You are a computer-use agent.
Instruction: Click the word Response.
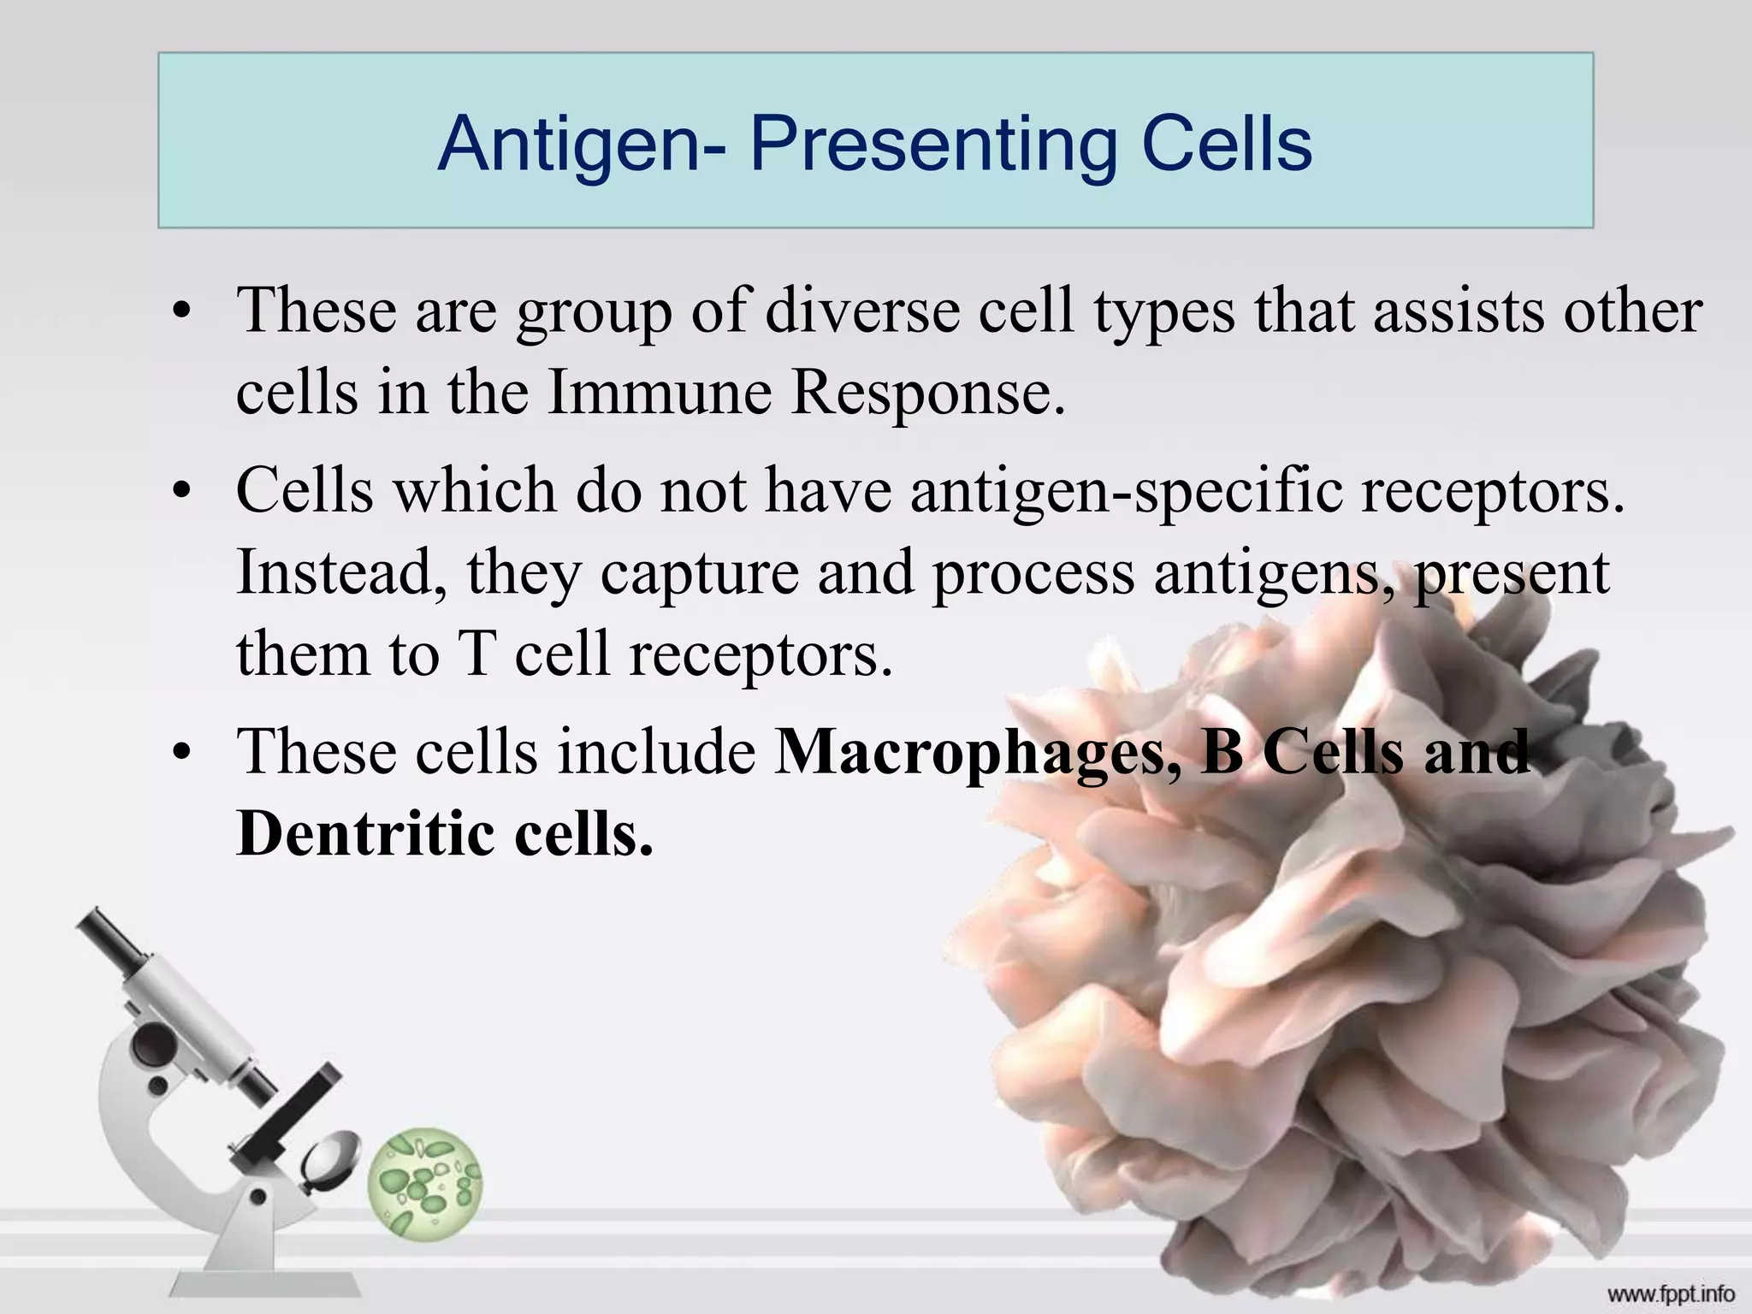pos(927,394)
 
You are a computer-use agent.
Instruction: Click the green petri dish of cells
pos(425,1184)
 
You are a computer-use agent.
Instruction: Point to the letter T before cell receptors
pos(477,654)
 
